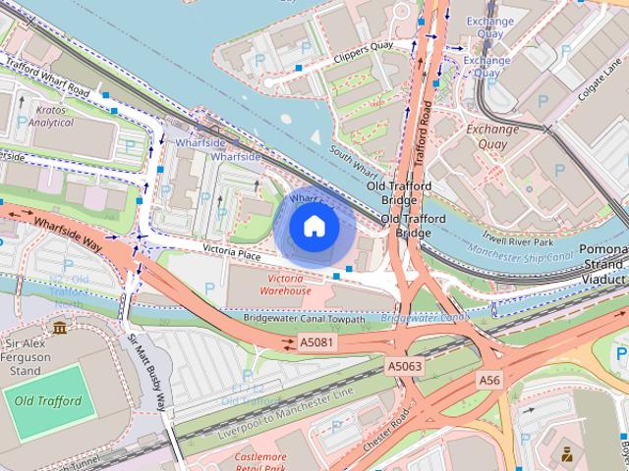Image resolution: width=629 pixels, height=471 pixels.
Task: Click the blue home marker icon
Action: [314, 227]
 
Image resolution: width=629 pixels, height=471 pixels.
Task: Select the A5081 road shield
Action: [312, 343]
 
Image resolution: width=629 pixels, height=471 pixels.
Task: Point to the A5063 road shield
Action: [404, 366]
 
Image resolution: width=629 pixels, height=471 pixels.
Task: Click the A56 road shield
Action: [489, 379]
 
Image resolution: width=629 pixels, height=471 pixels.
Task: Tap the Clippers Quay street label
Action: [363, 58]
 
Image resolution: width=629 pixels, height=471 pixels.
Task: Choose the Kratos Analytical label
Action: [50, 117]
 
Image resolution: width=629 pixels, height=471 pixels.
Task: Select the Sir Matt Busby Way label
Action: [149, 373]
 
